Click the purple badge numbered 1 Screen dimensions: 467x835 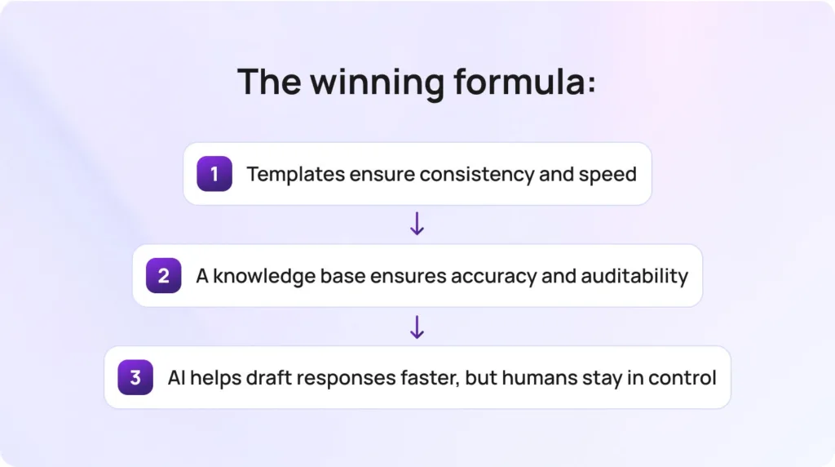tap(214, 174)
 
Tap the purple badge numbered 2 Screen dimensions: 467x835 tap(163, 276)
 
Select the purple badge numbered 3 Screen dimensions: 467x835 tap(135, 377)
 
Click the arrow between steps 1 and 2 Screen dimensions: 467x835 tap(417, 225)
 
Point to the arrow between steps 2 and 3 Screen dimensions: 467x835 tap(417, 327)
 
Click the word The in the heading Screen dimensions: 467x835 tap(269, 82)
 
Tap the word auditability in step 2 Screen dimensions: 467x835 tap(634, 276)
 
